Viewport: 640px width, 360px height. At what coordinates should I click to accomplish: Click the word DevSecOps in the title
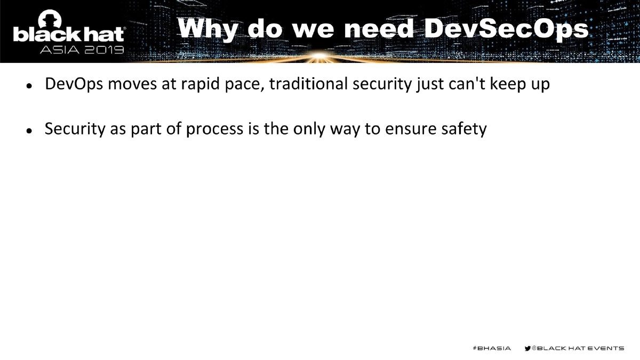coord(507,29)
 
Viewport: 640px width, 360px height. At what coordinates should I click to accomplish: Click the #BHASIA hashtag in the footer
coord(491,348)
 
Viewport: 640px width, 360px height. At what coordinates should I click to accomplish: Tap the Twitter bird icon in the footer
coord(528,348)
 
